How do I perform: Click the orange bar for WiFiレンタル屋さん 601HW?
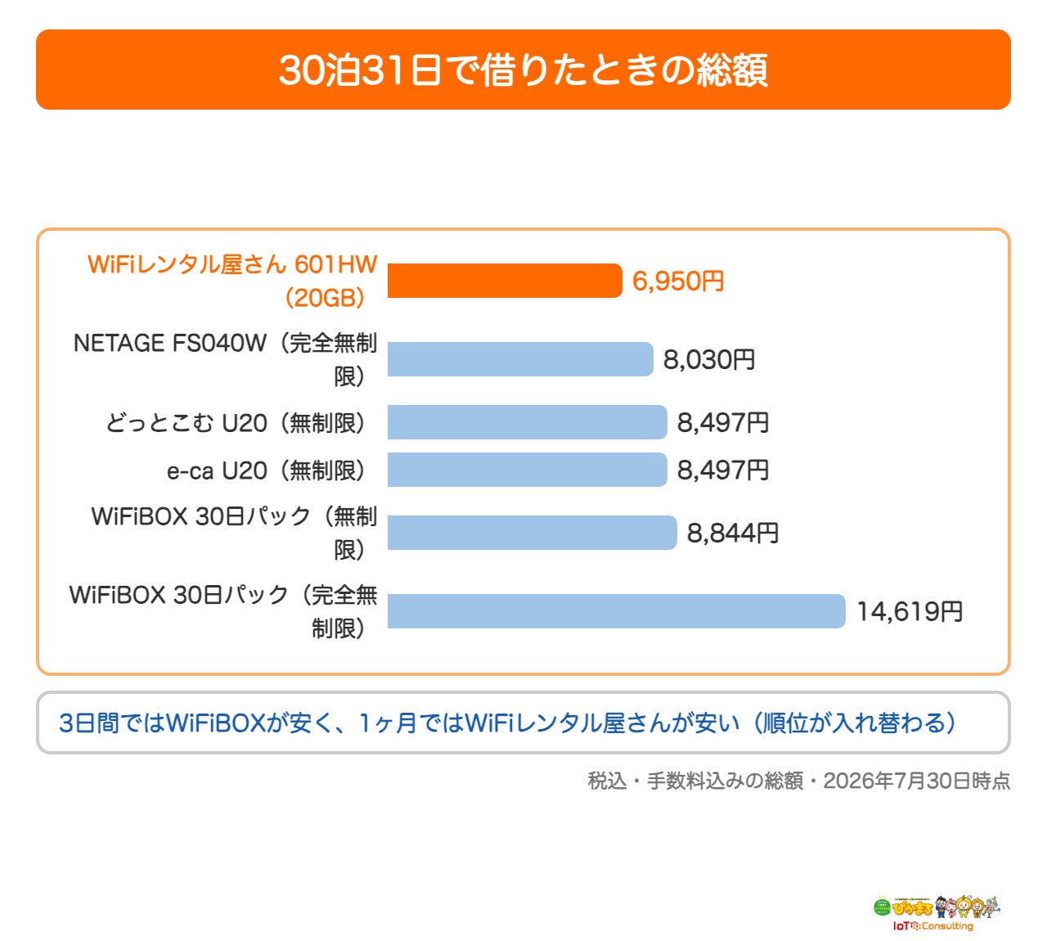click(505, 281)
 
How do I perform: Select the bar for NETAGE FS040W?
click(520, 359)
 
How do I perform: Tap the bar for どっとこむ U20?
click(527, 422)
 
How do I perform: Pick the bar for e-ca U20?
click(527, 470)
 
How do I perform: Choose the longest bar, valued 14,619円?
click(616, 611)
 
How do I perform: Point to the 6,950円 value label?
click(678, 281)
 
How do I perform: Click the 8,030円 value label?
click(709, 360)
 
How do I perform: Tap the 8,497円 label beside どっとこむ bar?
click(723, 423)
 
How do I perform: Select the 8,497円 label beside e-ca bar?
click(723, 470)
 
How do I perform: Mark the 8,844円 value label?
click(733, 533)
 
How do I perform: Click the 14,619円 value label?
click(910, 612)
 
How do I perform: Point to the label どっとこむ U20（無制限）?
click(236, 423)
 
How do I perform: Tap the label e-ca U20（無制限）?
click(266, 470)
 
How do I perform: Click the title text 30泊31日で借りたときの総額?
click(523, 70)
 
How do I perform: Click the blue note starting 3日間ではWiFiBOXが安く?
click(507, 723)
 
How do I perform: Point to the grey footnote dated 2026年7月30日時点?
click(798, 781)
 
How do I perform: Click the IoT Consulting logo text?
click(932, 925)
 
